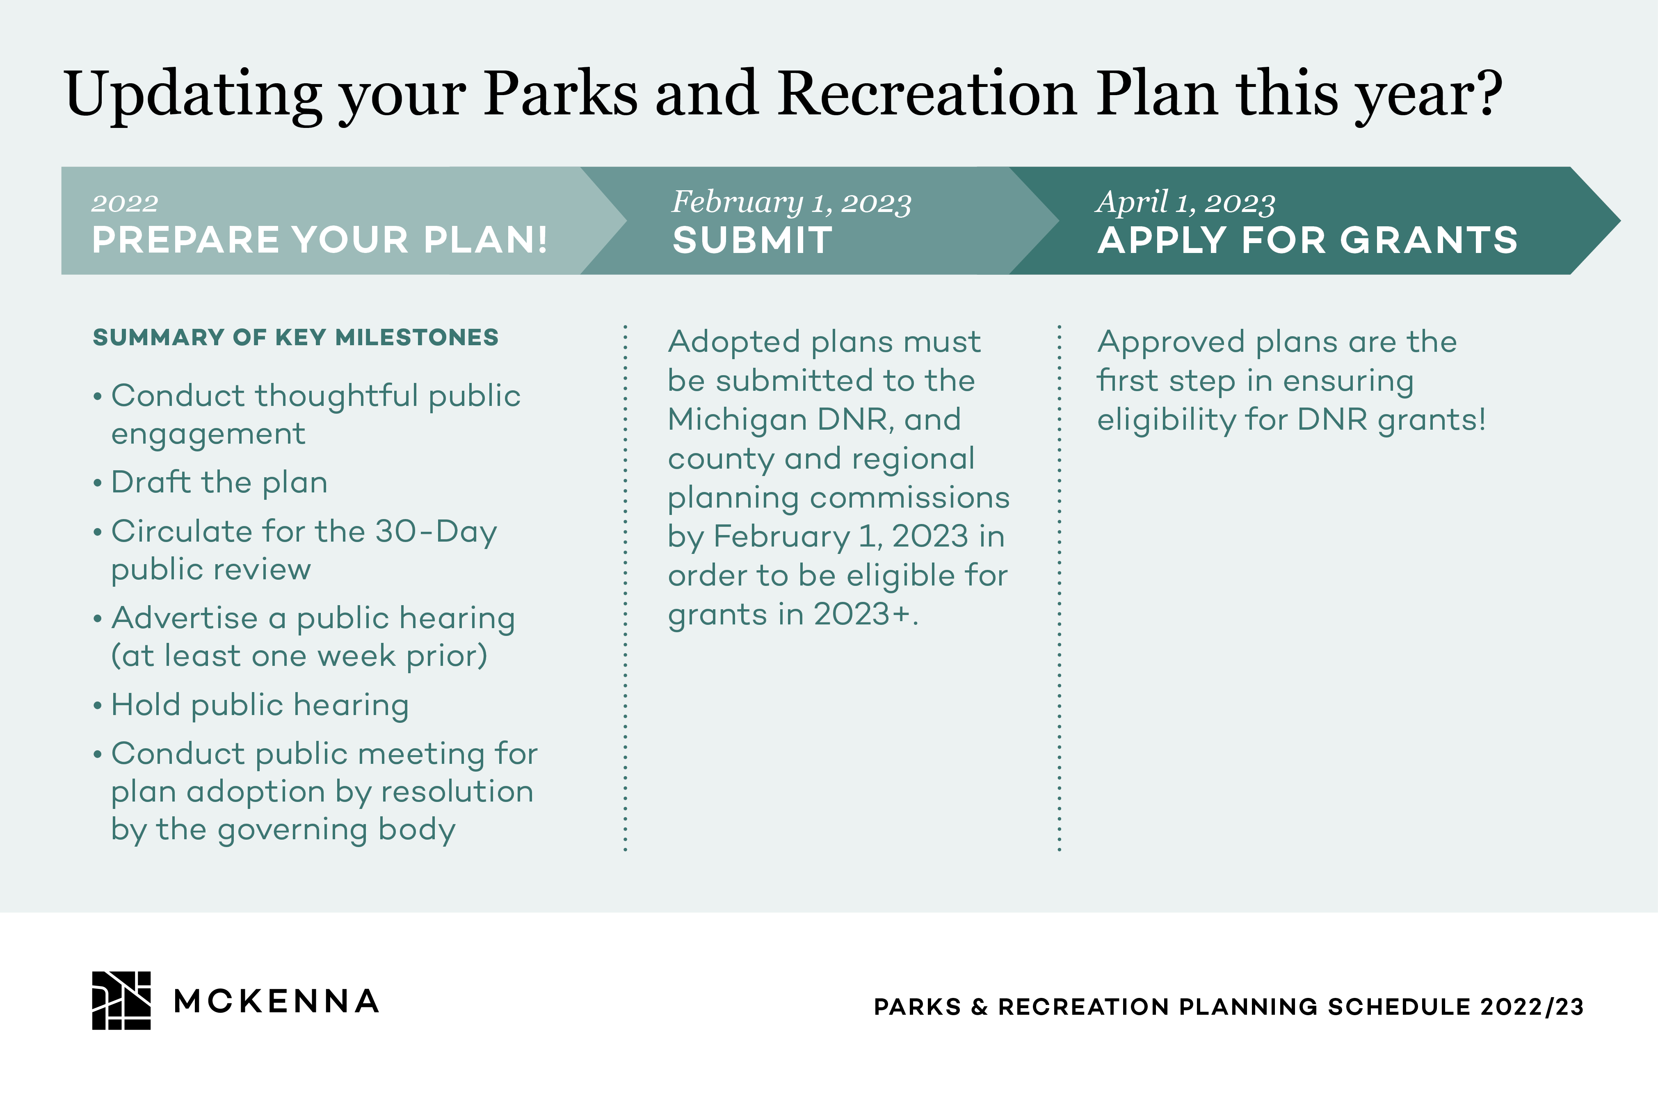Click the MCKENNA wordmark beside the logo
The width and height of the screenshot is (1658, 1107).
click(276, 1001)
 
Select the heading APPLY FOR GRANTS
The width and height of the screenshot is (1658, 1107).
click(1308, 240)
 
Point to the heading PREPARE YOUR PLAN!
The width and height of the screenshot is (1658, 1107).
click(320, 240)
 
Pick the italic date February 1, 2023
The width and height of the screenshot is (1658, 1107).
click(792, 202)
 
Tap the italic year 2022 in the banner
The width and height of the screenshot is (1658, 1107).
click(125, 203)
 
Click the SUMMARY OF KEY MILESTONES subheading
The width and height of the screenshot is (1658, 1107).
click(296, 337)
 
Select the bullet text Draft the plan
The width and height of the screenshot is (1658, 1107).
click(219, 482)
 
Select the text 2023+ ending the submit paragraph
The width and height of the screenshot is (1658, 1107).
click(866, 613)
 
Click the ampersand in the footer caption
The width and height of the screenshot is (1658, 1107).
click(980, 1007)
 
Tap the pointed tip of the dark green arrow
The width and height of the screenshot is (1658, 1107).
click(1620, 221)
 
